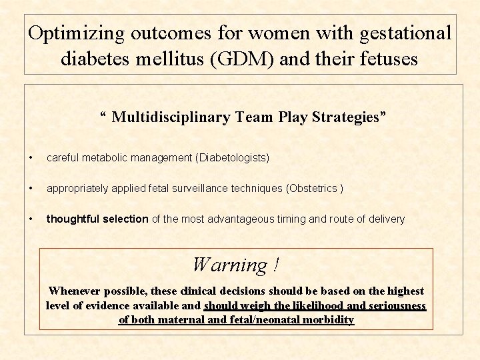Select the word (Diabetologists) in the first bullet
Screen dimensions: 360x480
coord(232,158)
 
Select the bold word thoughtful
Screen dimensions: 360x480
coord(73,219)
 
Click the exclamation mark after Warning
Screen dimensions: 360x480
coord(275,265)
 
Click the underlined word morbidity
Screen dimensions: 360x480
coord(327,319)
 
